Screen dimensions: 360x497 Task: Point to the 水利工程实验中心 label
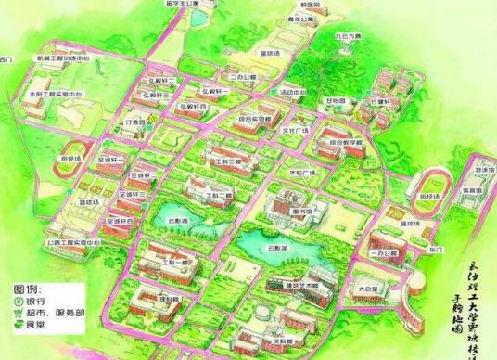coord(61,94)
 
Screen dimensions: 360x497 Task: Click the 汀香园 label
coord(136,122)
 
